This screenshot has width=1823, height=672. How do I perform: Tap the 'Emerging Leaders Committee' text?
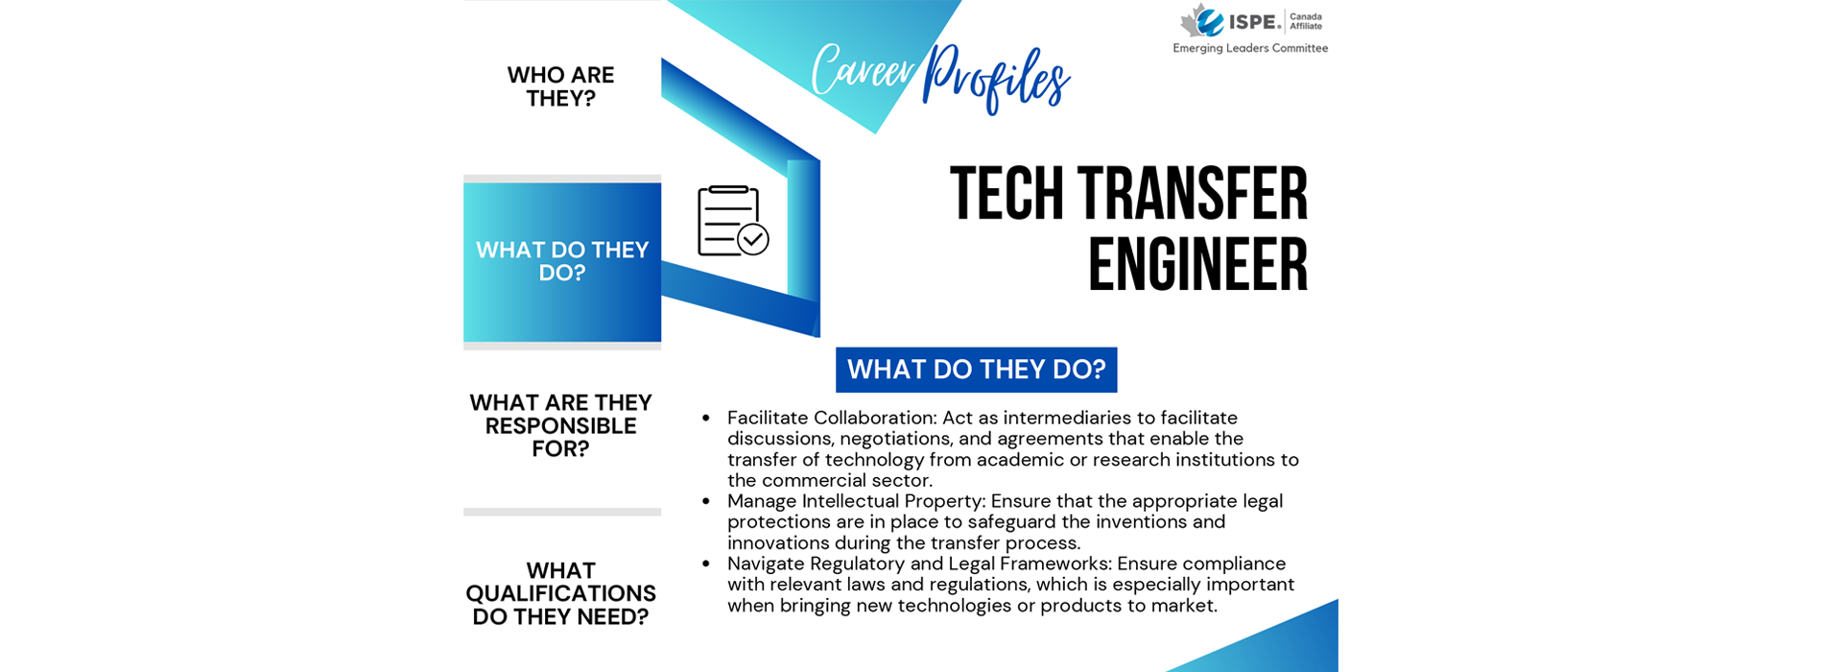coord(1250,48)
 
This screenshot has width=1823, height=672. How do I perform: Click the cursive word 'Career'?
coord(863,70)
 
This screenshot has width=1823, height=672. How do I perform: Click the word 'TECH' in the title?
coord(1006,194)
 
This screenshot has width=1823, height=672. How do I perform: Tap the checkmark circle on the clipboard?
coord(753,239)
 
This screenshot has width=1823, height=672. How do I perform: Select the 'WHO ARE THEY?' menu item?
coord(561,86)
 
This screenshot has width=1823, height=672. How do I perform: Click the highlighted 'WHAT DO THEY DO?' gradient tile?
coord(562,262)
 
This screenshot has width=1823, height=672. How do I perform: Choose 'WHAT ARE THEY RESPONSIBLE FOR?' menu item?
coord(561,425)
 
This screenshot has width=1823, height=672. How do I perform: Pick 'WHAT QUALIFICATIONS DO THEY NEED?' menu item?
coord(561,593)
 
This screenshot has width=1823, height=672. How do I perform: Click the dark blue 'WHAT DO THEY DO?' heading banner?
coord(977,370)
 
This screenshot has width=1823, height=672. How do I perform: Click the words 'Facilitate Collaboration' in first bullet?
coord(831,418)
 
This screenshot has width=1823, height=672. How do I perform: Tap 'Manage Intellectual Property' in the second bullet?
coord(856,501)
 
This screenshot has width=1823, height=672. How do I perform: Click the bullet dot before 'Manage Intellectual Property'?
coord(706,501)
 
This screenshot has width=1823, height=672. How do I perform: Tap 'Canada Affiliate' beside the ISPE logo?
coord(1306,21)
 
